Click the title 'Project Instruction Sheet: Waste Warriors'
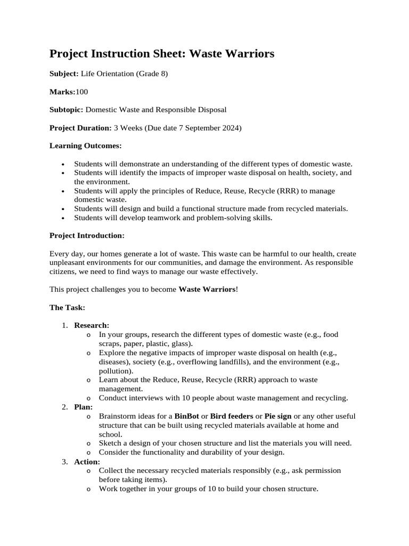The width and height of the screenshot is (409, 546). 162,54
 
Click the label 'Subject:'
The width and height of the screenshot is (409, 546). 64,74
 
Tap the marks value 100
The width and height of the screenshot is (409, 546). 82,92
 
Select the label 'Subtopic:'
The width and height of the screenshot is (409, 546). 66,110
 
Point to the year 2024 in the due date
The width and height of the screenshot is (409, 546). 232,128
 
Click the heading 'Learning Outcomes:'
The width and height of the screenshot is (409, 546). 85,146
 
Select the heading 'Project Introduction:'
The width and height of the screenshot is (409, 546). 87,235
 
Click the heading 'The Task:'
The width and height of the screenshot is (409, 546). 67,308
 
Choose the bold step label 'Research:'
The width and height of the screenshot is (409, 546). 92,325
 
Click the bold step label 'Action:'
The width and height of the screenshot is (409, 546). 87,461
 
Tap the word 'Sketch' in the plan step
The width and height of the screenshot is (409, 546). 110,443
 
